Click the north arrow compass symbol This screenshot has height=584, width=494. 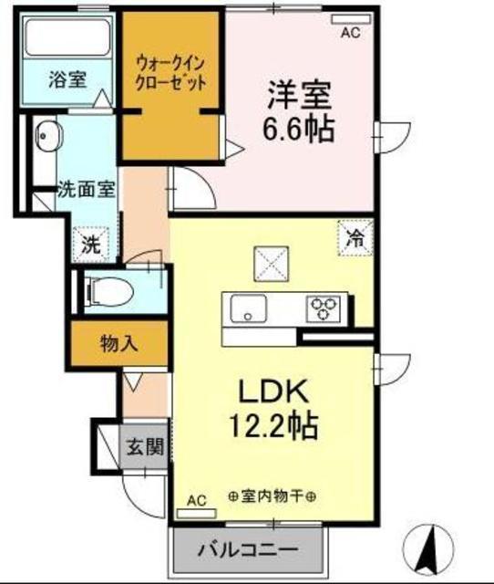428,549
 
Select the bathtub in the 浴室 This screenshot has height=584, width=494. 68,36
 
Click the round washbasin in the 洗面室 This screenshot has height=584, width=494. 48,136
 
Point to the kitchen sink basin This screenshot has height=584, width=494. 248,308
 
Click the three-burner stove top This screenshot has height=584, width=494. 324,308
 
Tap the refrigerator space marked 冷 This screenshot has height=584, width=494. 355,238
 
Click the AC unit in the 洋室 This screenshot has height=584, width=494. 351,19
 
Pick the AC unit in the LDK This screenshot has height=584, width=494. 196,514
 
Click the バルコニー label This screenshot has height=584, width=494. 248,549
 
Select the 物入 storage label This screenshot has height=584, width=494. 119,343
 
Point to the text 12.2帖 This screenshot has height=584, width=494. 273,425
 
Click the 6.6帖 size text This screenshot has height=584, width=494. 298,129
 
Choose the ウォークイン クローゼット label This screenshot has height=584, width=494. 170,73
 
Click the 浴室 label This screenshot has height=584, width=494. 67,79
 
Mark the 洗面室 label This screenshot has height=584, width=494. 87,190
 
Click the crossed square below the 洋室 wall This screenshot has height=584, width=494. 272,264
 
